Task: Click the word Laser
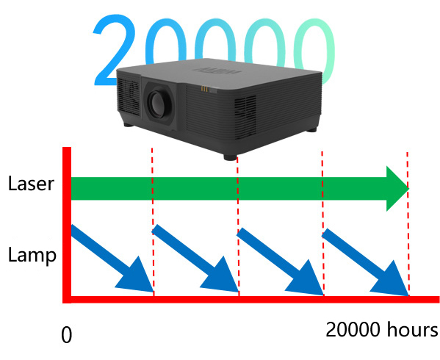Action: tap(31, 184)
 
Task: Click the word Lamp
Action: tap(32, 255)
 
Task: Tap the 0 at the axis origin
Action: tap(67, 335)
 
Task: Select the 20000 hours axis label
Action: tap(382, 329)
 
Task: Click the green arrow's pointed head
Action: tap(397, 189)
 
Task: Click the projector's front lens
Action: tap(158, 104)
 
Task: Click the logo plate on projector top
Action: tap(217, 70)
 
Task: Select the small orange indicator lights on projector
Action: tap(204, 89)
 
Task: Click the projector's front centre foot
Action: tap(230, 157)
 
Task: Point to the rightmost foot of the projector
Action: tap(311, 129)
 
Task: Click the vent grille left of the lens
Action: tap(129, 96)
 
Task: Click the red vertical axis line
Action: tap(67, 225)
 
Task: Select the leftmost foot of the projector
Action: tap(129, 125)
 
